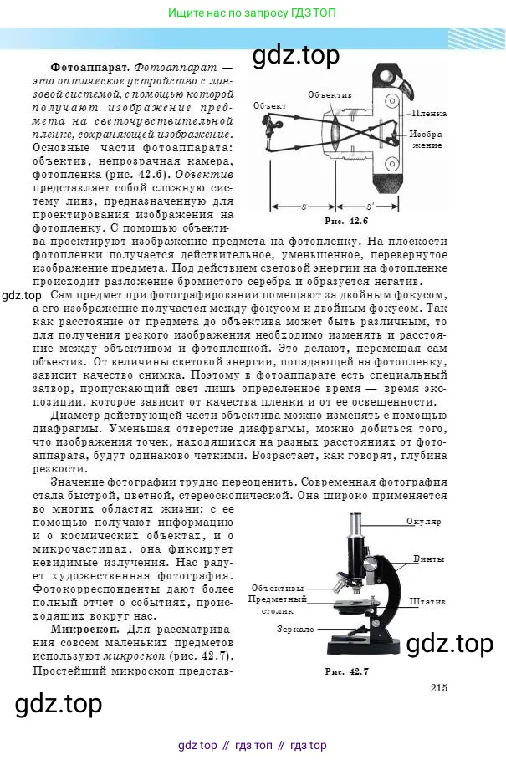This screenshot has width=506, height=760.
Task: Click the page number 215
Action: pyautogui.click(x=440, y=688)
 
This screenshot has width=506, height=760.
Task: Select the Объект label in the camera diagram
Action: pyautogui.click(x=271, y=105)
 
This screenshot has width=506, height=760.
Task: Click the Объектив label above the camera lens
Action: pyautogui.click(x=330, y=94)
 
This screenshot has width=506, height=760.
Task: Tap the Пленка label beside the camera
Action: pyautogui.click(x=429, y=112)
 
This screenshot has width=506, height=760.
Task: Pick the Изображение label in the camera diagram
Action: pyautogui.click(x=428, y=139)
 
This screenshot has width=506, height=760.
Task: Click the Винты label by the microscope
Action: pyautogui.click(x=428, y=559)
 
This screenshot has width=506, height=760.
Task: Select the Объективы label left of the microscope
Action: pyautogui.click(x=277, y=588)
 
